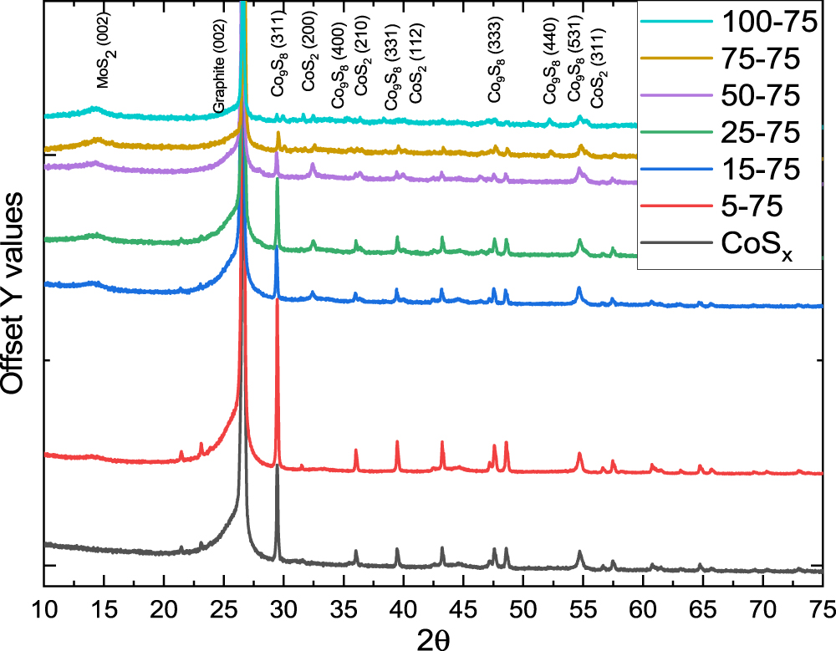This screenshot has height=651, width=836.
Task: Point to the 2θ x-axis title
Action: point(433,636)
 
